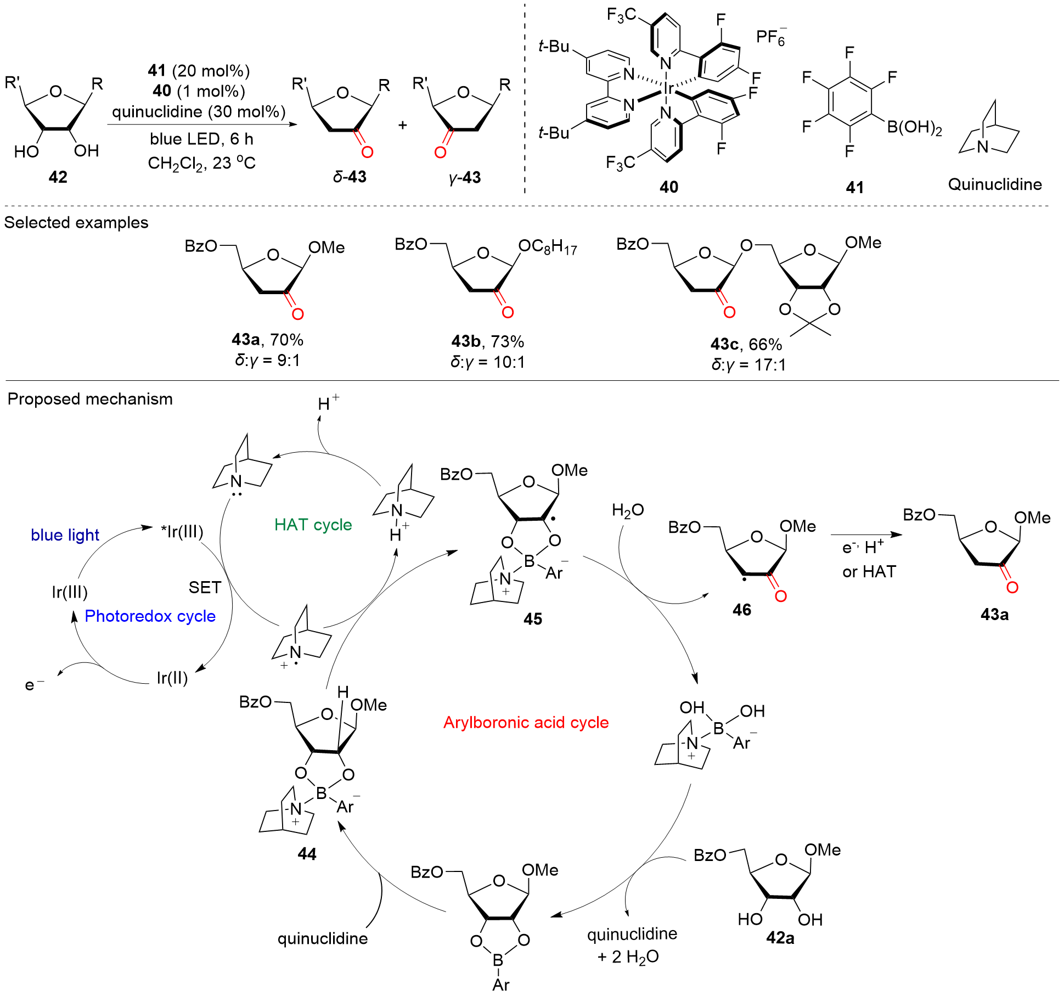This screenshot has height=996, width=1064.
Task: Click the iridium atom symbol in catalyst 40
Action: point(668,88)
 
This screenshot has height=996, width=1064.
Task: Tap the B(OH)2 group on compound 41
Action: point(915,127)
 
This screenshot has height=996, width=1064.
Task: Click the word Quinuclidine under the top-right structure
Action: point(995,184)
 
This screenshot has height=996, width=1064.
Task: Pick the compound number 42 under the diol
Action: point(58,177)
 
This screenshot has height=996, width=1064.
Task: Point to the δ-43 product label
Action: point(350,177)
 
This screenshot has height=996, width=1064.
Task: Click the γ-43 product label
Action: point(464,177)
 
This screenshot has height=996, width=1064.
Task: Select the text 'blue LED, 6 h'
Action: point(201,139)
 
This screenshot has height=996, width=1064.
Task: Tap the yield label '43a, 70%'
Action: point(267,340)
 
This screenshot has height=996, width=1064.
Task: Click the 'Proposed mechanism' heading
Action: point(90,399)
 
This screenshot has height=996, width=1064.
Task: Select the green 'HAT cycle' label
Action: point(313,525)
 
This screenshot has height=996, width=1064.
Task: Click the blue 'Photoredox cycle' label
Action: point(150,616)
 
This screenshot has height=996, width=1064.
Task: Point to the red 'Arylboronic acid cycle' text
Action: point(526,722)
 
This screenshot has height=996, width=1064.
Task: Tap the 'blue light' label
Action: point(65,534)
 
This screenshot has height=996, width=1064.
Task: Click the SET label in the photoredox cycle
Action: point(205,587)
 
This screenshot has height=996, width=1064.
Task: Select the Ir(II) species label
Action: point(172,678)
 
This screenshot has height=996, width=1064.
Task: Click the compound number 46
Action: point(741,610)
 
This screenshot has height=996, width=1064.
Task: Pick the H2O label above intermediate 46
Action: point(628,511)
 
